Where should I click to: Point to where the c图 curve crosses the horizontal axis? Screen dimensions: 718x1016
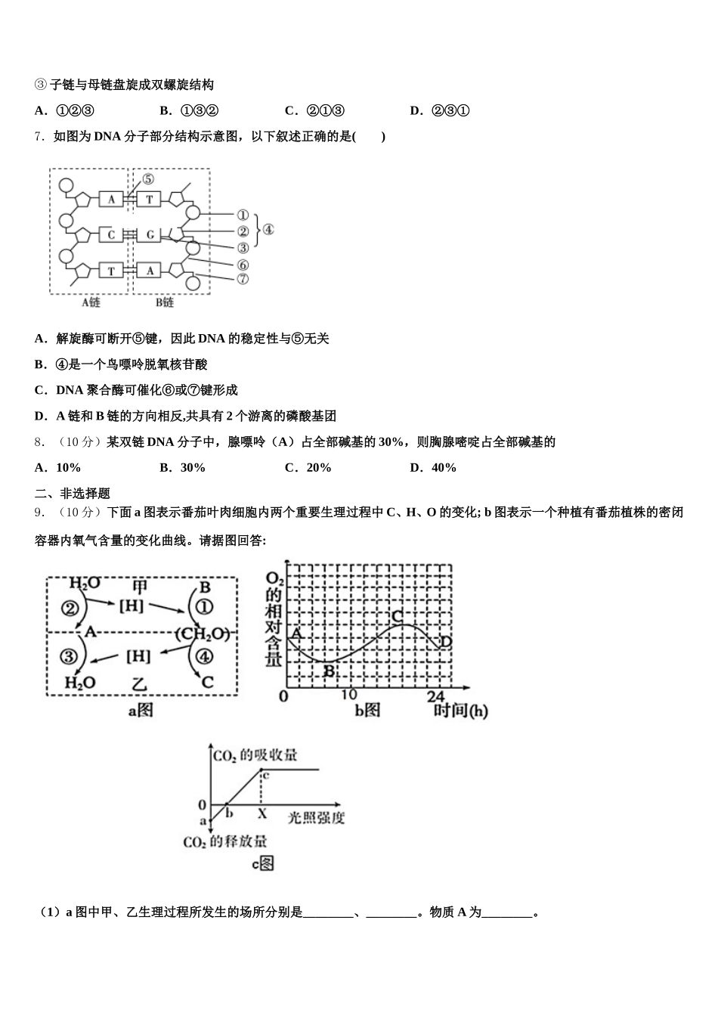tap(227, 804)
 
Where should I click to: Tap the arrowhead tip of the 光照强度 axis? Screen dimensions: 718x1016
tap(339, 804)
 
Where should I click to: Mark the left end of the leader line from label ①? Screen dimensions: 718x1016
tap(200, 214)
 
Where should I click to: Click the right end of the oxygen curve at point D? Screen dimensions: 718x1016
tap(441, 646)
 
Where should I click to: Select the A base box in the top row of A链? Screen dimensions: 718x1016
tap(111, 199)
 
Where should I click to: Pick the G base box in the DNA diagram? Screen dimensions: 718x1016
tap(149, 234)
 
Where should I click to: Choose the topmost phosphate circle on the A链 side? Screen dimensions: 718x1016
tap(67, 185)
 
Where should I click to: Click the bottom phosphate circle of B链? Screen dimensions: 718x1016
tap(193, 283)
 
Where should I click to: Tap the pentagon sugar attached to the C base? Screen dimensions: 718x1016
tap(83, 236)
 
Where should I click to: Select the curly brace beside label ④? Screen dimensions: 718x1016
tap(258, 231)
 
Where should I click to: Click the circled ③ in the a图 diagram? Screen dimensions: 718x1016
tap(69, 656)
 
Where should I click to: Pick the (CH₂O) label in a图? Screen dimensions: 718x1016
tap(203, 633)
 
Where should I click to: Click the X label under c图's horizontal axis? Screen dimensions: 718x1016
tap(262, 813)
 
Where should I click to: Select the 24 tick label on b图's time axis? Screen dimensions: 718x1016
tap(436, 696)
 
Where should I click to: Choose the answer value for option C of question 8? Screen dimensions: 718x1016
tap(319, 468)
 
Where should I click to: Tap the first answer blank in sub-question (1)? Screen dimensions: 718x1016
tap(328, 912)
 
